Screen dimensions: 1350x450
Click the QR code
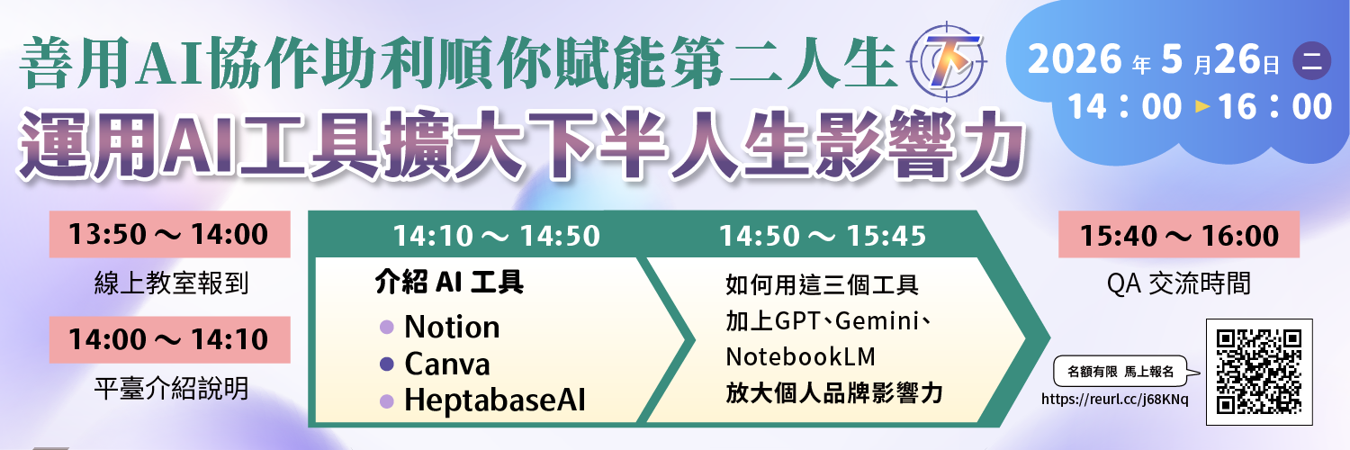click(1258, 372)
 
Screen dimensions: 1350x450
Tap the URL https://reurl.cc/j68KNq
click(1115, 400)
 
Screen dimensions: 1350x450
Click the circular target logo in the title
click(946, 61)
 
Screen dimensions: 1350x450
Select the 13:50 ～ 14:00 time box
click(169, 234)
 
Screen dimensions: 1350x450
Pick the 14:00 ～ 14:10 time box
click(169, 340)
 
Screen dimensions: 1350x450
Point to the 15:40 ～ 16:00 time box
click(1179, 235)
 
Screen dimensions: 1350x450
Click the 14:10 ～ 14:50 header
click(497, 236)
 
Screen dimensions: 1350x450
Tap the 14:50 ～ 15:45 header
click(823, 236)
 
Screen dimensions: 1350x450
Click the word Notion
click(452, 327)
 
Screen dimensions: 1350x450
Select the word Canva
click(447, 364)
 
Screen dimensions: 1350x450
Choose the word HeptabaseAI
click(495, 400)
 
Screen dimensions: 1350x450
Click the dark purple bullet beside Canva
click(387, 364)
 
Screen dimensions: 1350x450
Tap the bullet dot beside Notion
click(387, 327)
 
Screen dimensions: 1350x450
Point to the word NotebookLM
click(800, 356)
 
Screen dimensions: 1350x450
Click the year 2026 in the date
click(1075, 59)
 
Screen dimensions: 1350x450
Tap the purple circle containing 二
click(1312, 61)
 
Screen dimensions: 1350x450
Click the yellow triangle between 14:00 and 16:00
click(1203, 106)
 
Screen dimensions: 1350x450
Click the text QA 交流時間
click(1179, 283)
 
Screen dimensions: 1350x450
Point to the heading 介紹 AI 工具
click(449, 282)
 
